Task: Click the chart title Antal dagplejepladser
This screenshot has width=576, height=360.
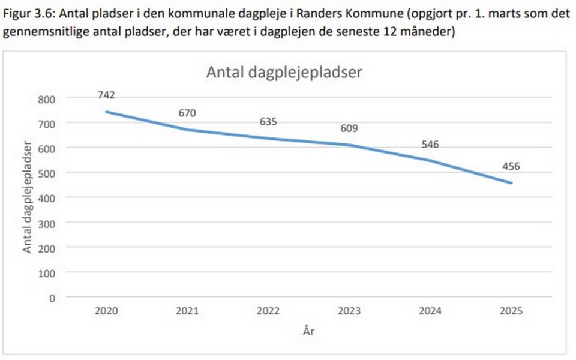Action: click(x=285, y=73)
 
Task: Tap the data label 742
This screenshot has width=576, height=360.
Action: click(x=106, y=95)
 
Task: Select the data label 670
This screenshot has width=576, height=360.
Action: click(x=187, y=112)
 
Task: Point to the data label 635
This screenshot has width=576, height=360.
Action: click(x=268, y=121)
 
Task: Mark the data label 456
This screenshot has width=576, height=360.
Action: click(x=511, y=167)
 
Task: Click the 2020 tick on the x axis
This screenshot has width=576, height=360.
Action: click(x=106, y=311)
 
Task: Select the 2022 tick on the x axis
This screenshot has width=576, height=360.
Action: click(x=268, y=311)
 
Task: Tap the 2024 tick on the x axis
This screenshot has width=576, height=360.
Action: click(x=430, y=311)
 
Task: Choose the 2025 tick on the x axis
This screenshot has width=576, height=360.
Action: click(x=511, y=311)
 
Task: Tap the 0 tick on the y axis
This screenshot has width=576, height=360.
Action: click(x=52, y=297)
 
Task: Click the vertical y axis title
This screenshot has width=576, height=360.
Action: click(x=28, y=196)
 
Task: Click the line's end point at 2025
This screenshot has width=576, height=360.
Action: click(x=511, y=183)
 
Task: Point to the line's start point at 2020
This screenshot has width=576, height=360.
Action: click(x=106, y=112)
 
